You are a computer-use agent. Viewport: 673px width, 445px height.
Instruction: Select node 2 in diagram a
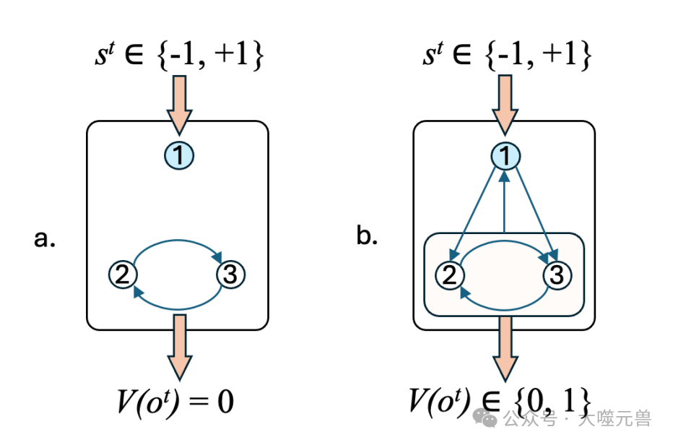(x=123, y=275)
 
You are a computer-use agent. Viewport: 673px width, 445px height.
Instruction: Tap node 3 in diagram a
(x=231, y=275)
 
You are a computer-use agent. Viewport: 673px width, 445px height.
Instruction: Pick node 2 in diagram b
(x=449, y=275)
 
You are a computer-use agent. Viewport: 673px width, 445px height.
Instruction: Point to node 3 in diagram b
(x=557, y=275)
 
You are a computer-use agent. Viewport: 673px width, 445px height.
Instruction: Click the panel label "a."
(x=45, y=238)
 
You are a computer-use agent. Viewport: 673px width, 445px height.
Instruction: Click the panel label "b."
(x=368, y=236)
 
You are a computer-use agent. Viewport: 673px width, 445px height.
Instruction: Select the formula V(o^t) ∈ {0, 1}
(x=500, y=399)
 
